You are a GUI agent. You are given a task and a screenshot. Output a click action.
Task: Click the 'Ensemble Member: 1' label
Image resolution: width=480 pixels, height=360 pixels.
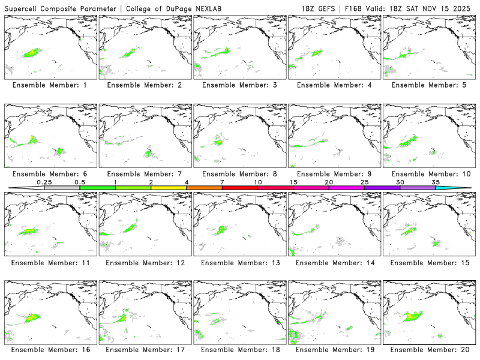[50, 85]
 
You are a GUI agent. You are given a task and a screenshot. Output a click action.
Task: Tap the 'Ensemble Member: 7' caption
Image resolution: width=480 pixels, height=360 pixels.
[144, 174]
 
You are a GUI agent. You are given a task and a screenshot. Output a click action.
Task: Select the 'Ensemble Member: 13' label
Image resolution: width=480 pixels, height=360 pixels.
[239, 262]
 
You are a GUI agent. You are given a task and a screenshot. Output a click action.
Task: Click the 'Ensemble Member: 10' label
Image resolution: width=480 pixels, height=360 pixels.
[428, 174]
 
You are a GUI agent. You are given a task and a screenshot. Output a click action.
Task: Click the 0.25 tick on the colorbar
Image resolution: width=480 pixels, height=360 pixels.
[44, 182]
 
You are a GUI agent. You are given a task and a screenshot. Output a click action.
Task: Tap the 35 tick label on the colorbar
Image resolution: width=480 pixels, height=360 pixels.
[436, 182]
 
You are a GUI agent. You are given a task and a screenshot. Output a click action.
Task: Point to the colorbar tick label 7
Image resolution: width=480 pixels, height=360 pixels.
[222, 182]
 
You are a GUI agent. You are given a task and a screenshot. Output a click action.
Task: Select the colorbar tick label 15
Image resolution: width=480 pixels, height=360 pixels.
[293, 182]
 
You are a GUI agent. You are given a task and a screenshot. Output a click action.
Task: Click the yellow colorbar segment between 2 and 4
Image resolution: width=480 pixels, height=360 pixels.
[169, 188]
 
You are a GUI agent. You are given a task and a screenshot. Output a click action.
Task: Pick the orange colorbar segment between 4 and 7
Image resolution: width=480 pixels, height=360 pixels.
[204, 188]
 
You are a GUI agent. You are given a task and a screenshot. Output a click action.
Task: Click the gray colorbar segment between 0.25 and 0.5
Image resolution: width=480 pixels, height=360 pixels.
[62, 188]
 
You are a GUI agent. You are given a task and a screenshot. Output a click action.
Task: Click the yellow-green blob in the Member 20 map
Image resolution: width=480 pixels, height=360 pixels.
[413, 314]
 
